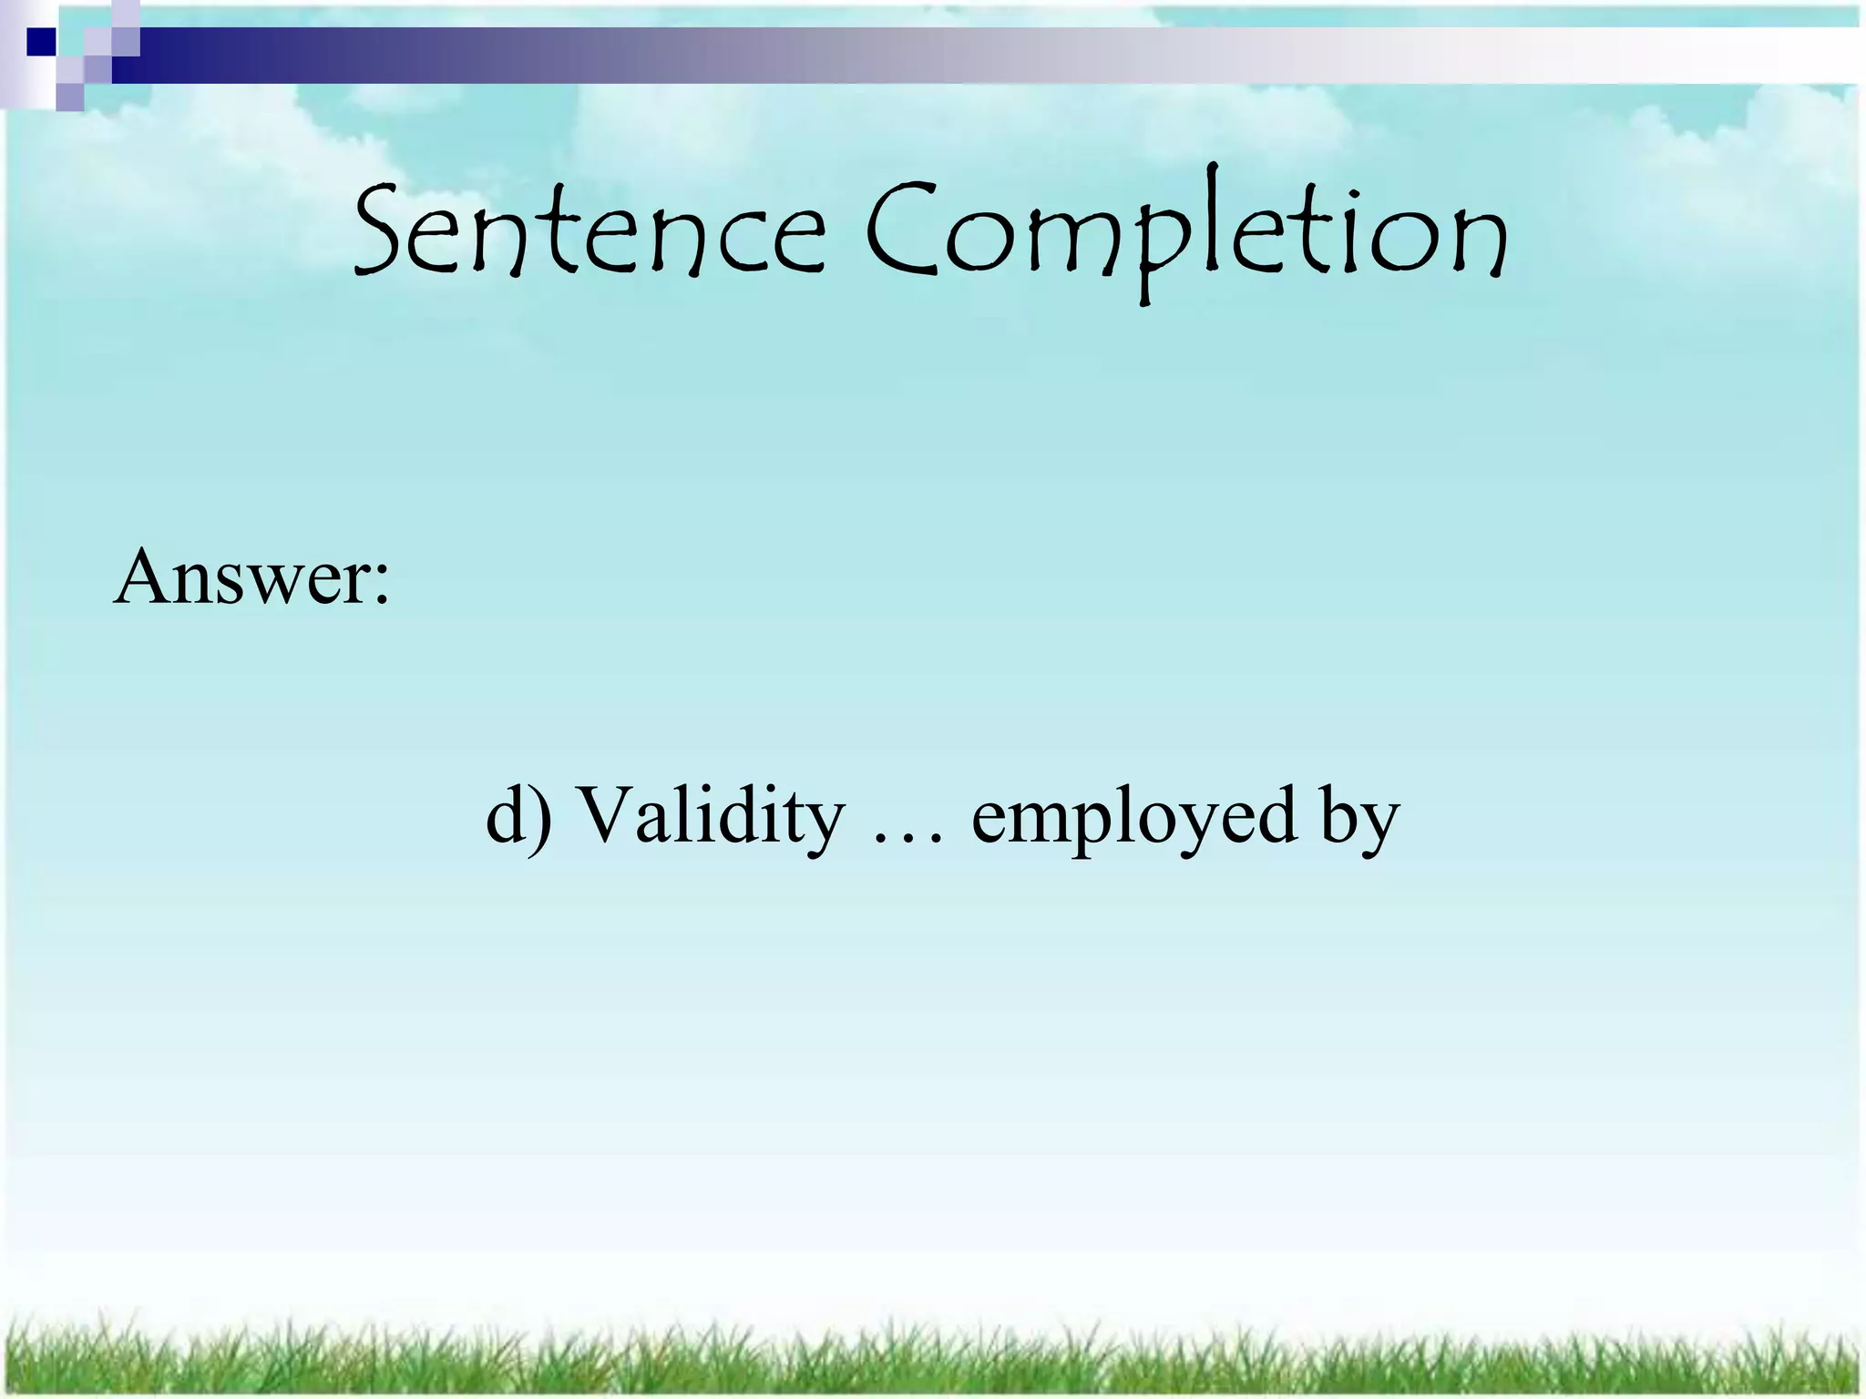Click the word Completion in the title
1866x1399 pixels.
[x=1184, y=232]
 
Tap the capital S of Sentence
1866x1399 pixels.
[x=378, y=228]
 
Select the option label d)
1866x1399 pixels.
[x=519, y=815]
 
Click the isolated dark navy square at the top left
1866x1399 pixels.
[x=42, y=42]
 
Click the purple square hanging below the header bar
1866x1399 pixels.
[x=70, y=96]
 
